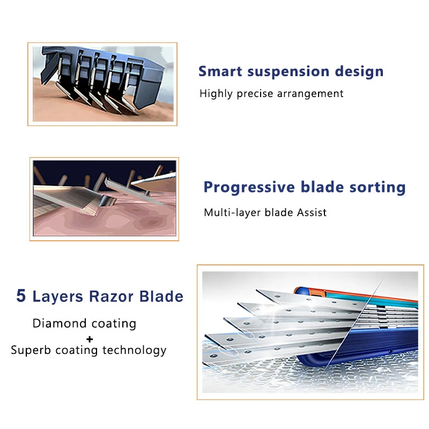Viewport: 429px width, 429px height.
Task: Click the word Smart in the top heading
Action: coord(220,71)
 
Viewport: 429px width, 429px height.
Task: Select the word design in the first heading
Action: coord(359,72)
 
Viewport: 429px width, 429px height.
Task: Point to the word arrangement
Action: coord(310,94)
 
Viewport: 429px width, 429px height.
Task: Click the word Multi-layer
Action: coord(232,213)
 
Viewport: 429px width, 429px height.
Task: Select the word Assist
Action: coord(312,212)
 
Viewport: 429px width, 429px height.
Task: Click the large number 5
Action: coord(21,295)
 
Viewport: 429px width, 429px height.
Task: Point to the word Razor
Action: coord(111,297)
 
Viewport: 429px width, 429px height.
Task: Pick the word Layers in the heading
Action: coord(58,297)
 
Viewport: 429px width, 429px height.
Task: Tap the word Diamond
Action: coord(60,323)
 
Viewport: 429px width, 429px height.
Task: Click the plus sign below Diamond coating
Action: coord(90,339)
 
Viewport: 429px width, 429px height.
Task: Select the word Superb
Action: coord(31,350)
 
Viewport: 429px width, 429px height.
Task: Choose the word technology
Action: coord(135,351)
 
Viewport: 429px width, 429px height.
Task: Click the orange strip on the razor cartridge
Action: coord(356,294)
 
